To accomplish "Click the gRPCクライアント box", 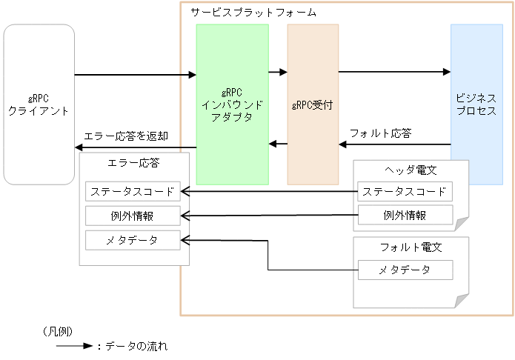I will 39,104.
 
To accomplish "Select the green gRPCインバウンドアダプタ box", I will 232,104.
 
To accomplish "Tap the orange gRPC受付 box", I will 313,104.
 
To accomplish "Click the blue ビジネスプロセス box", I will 476,104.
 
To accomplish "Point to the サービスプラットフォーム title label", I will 253,13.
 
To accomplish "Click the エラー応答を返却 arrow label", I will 127,136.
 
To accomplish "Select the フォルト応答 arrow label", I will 380,133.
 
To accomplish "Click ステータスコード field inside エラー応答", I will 133,191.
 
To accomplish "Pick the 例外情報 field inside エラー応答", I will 133,216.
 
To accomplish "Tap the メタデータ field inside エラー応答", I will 133,240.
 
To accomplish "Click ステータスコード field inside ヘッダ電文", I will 405,191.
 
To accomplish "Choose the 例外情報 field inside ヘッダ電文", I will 405,215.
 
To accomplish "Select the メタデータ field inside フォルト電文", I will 405,270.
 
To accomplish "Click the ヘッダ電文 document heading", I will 411,170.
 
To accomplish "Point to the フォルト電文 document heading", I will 411,247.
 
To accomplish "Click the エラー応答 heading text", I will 133,162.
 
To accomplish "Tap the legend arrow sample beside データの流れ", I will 74,346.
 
